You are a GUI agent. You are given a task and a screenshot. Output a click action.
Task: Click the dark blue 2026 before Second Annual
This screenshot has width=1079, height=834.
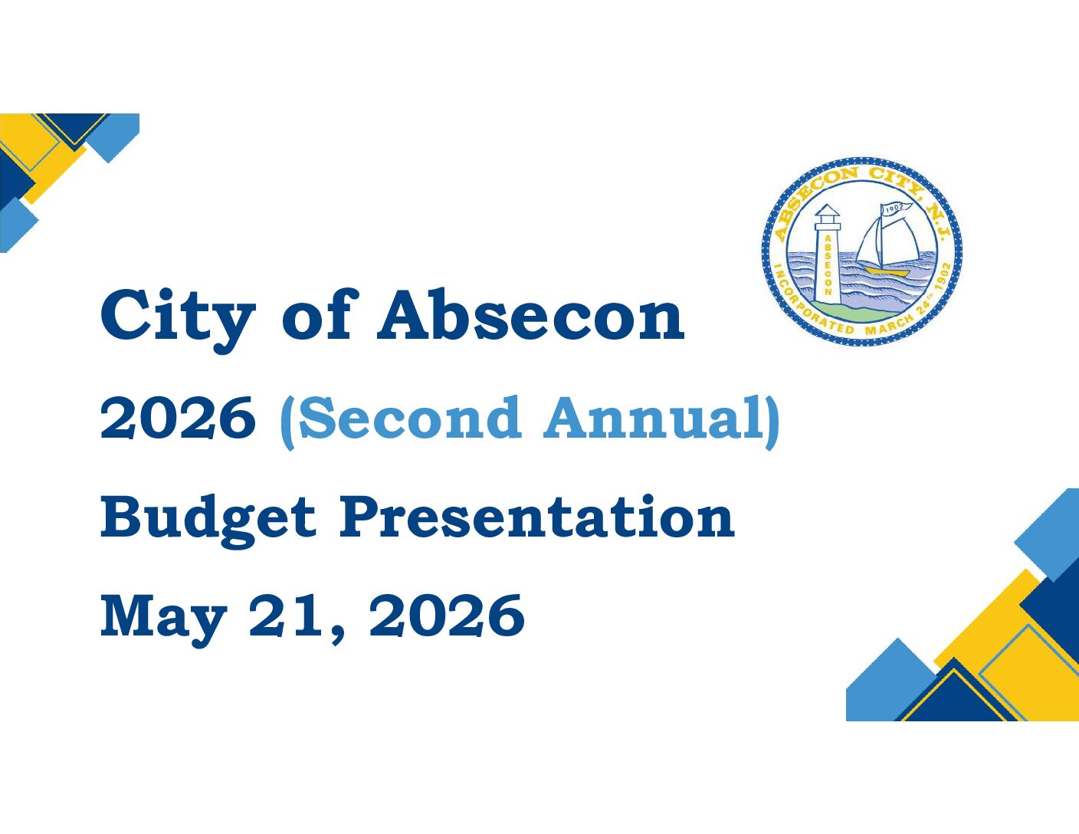point(178,418)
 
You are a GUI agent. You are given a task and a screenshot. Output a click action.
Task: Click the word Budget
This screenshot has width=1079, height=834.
point(208,521)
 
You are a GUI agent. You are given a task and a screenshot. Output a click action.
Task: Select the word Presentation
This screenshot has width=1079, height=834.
point(536,518)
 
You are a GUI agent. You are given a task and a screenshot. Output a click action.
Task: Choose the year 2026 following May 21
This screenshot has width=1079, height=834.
point(447,616)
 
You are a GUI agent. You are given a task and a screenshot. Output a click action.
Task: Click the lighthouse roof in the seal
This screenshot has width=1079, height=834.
point(827,211)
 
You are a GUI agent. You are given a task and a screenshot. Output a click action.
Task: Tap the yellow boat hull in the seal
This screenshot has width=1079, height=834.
point(885,271)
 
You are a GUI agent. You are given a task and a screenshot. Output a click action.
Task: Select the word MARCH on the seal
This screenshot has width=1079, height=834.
point(889,326)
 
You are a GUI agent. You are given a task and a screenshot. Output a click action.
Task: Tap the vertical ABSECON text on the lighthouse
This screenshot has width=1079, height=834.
point(828,264)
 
